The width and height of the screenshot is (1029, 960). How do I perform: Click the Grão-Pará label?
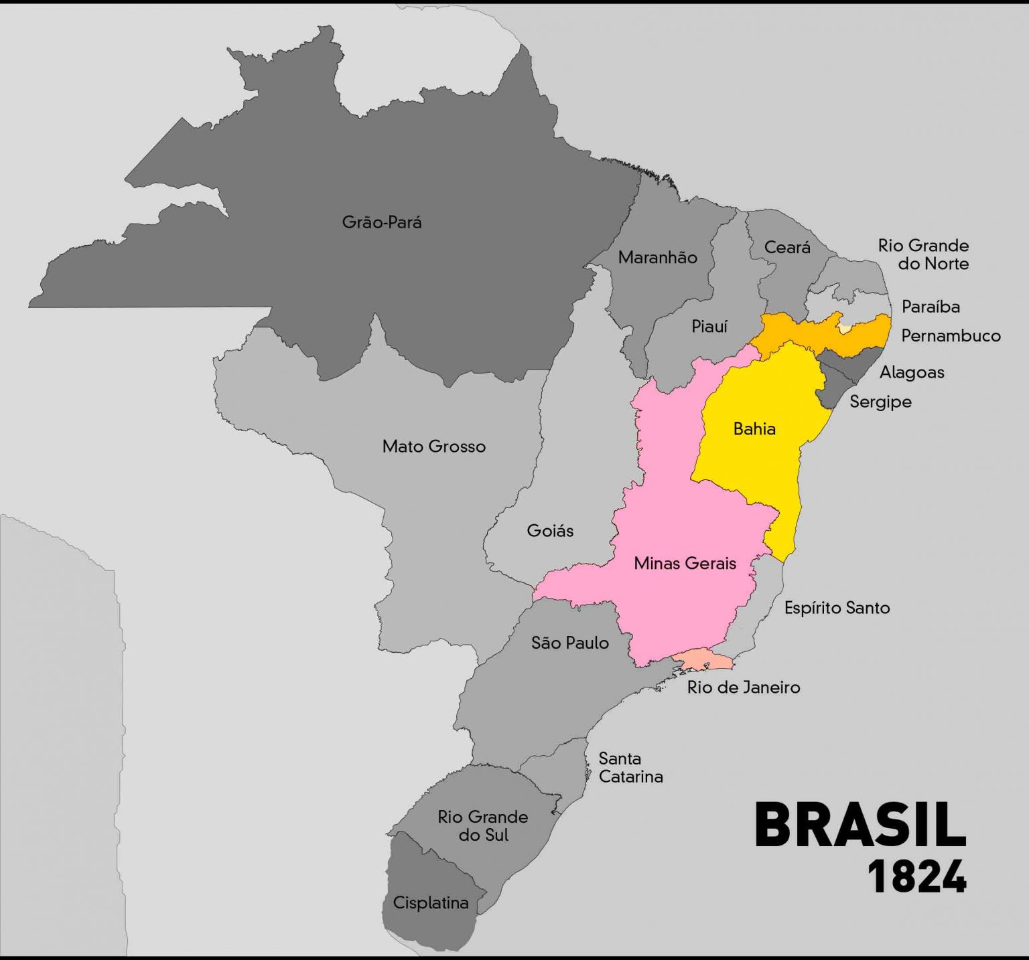[x=382, y=222]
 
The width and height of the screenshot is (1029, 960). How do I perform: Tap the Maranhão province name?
[x=657, y=258]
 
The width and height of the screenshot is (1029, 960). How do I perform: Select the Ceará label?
[x=787, y=248]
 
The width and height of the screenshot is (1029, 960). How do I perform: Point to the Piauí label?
[x=709, y=327]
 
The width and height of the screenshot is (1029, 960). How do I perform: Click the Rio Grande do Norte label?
[x=923, y=254]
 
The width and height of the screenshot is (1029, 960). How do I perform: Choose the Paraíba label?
[x=931, y=307]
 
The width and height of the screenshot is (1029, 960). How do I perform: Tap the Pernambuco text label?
[x=951, y=336]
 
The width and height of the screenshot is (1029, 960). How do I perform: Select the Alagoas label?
[x=912, y=372]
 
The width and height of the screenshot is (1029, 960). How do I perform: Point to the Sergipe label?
[x=880, y=402]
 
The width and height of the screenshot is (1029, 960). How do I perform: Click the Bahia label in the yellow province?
[x=754, y=429]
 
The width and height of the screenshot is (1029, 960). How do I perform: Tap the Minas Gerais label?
[x=685, y=564]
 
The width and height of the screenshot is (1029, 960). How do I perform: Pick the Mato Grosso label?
[x=433, y=447]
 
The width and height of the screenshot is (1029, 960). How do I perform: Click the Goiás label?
[x=550, y=531]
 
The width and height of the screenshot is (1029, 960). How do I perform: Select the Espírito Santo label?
[x=837, y=608]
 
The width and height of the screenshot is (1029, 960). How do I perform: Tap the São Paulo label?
[x=569, y=643]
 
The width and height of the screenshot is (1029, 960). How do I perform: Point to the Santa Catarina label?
[x=630, y=768]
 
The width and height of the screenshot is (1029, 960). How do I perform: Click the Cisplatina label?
[x=430, y=903]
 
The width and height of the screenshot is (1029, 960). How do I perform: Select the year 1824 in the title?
[x=916, y=876]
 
